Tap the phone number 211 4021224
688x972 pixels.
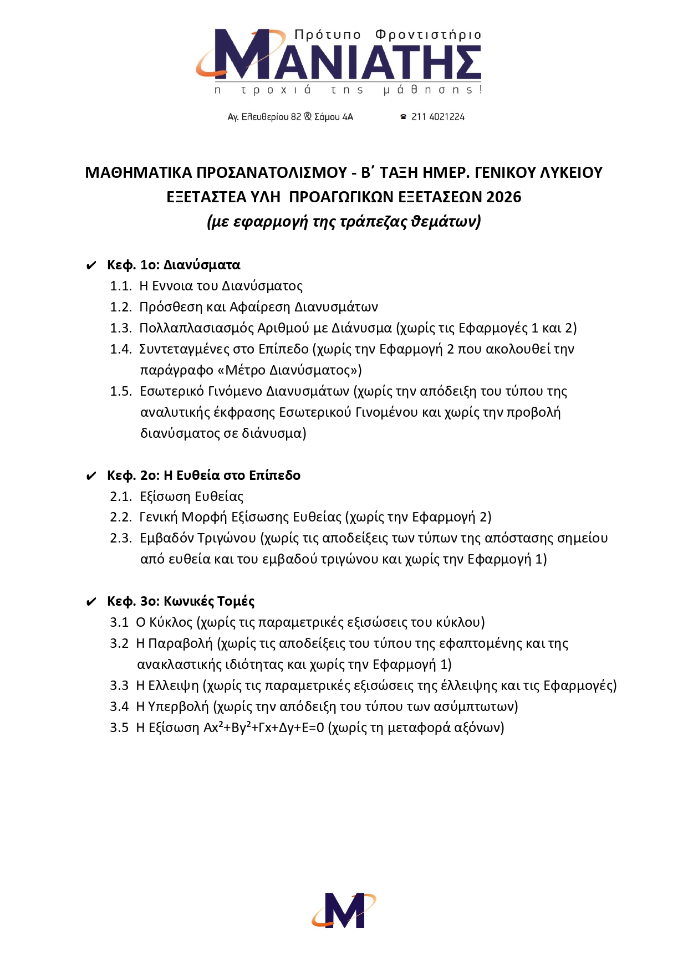coord(437,117)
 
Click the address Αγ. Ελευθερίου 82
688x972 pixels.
coord(264,117)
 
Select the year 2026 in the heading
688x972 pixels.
coord(503,197)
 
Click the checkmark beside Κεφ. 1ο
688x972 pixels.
coord(91,266)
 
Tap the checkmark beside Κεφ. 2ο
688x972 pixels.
coord(91,476)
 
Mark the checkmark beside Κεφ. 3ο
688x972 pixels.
coord(91,602)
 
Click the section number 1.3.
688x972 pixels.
coord(120,328)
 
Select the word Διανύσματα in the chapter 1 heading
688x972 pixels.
coord(202,265)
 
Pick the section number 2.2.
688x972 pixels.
coord(120,517)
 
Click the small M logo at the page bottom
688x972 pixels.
coord(344,910)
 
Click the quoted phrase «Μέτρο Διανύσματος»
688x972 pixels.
coord(289,370)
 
